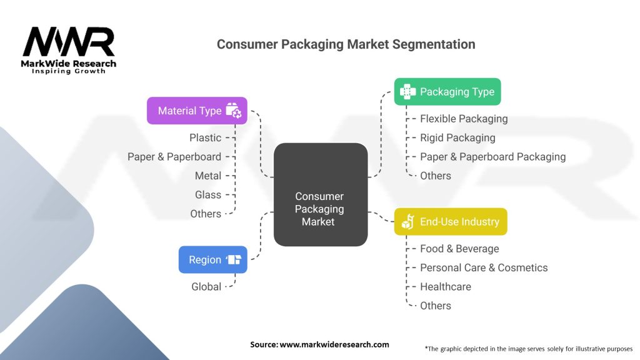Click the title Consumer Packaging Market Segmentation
pyautogui.click(x=346, y=44)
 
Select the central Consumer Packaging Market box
pyautogui.click(x=321, y=194)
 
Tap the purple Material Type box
pyautogui.click(x=197, y=111)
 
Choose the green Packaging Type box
pyautogui.click(x=447, y=92)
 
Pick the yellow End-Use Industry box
pyautogui.click(x=451, y=221)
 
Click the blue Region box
pyautogui.click(x=212, y=259)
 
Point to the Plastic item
pyautogui.click(x=206, y=137)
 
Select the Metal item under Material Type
pyautogui.click(x=208, y=176)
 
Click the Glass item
pyautogui.click(x=208, y=194)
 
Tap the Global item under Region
pyautogui.click(x=206, y=286)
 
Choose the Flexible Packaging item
pyautogui.click(x=464, y=119)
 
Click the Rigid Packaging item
pyautogui.click(x=457, y=137)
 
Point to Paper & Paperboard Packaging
pyautogui.click(x=492, y=157)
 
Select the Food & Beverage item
pyautogui.click(x=459, y=249)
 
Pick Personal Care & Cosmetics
pyautogui.click(x=484, y=267)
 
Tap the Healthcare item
pyautogui.click(x=446, y=286)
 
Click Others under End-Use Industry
pyautogui.click(x=436, y=306)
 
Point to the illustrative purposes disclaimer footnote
pyautogui.click(x=528, y=348)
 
